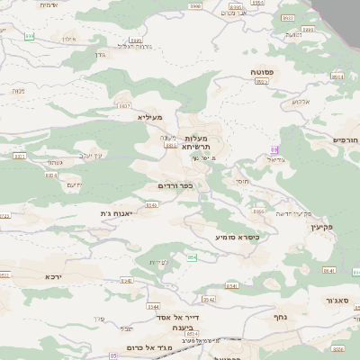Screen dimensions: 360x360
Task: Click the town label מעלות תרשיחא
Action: tap(195, 142)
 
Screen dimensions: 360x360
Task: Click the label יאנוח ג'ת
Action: tap(117, 213)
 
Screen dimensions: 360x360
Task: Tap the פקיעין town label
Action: tap(319, 227)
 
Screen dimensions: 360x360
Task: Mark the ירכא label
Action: tap(52, 277)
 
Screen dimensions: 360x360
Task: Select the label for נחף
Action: tap(281, 316)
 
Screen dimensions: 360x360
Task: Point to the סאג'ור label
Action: tap(337, 300)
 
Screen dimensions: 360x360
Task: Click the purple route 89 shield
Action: tap(274, 149)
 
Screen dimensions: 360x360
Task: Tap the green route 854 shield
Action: tap(192, 257)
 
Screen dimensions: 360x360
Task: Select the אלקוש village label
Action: tap(300, 102)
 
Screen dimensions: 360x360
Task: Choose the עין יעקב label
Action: tap(93, 155)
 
